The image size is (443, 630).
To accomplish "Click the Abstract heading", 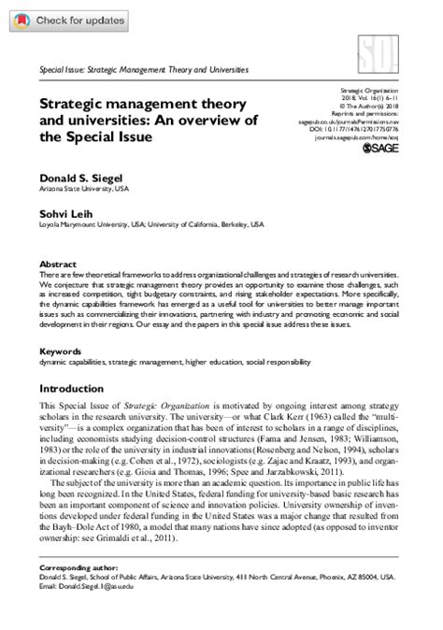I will click(57, 265).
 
